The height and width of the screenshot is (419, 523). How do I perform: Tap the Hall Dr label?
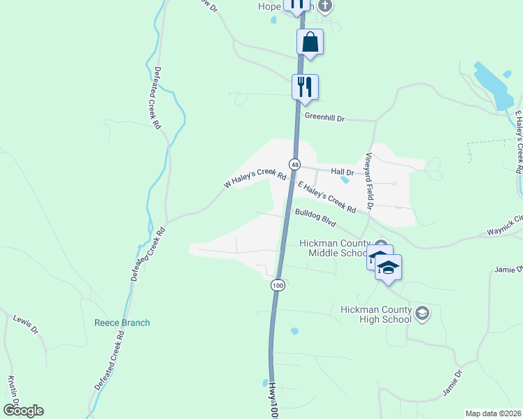343,171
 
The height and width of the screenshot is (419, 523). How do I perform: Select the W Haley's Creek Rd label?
255,180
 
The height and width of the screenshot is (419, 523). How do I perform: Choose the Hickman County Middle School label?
333,248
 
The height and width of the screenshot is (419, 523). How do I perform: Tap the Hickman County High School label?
375,314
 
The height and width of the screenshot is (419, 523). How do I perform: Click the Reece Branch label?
122,323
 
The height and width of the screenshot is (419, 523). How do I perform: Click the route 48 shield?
296,164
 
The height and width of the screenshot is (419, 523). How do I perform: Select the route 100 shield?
278,285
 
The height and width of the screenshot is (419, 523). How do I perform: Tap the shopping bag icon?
310,41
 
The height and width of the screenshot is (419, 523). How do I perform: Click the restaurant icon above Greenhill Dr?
305,87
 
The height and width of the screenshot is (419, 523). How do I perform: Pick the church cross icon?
324,6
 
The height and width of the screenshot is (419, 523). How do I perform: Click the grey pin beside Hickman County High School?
422,314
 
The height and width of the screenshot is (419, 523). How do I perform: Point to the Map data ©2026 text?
494,413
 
